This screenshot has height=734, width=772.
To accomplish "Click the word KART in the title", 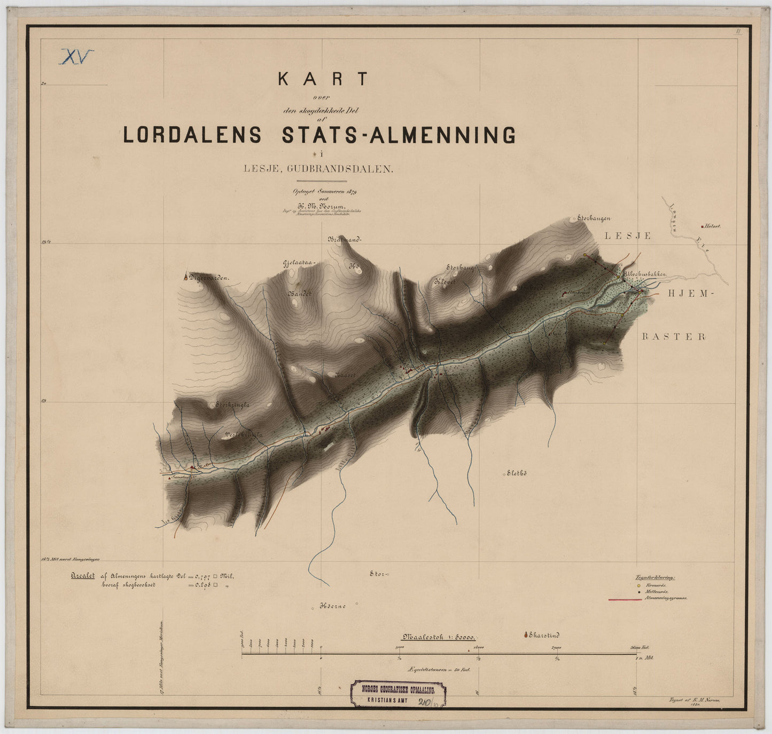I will point(323,79).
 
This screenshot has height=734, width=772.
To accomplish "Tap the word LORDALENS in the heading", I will point(192,135).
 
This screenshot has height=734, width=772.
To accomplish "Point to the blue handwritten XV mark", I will point(76,56).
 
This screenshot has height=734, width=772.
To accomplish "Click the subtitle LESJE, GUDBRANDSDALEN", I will point(318,169).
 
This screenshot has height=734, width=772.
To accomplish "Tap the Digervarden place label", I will point(208,278).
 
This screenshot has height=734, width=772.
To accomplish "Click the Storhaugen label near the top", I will point(594,218).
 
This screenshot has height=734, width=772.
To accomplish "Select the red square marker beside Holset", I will point(702,227).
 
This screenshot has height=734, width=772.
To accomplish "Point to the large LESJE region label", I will point(628,236).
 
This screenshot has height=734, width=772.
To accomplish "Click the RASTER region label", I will point(674,337).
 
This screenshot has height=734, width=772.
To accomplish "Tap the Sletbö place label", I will point(517,473).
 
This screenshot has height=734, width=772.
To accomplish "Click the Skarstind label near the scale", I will point(544,635).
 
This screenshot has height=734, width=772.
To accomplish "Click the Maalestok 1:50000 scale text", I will point(439,637).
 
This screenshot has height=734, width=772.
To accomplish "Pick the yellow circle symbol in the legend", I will point(639,585).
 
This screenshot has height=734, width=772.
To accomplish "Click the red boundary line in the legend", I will point(625,599).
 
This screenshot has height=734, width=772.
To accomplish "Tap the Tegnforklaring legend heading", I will point(655,577).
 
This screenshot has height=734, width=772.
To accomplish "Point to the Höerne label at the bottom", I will point(333,606).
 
